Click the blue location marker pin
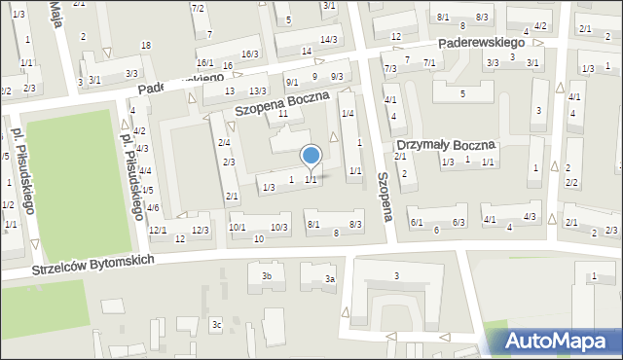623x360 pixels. click(311, 157)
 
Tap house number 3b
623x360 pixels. click(266, 275)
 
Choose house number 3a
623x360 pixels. click(330, 279)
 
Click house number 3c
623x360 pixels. click(217, 324)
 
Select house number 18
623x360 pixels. click(146, 46)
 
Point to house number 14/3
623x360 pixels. click(329, 39)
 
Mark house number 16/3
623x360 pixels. click(250, 54)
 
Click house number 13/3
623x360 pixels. click(257, 90)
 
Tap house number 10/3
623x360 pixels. click(279, 227)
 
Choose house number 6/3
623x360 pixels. click(458, 223)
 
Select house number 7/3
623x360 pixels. click(390, 68)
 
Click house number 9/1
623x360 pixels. click(292, 82)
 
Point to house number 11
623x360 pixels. click(283, 114)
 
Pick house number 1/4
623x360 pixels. click(348, 115)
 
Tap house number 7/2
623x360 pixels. click(199, 8)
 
